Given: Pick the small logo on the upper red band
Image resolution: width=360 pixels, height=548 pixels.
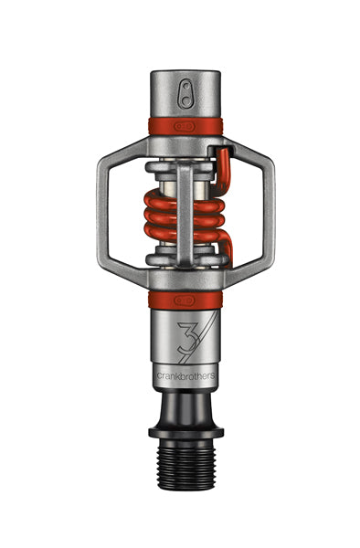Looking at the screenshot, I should point(185,124).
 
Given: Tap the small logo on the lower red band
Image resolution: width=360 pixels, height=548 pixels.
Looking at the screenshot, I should point(185,297).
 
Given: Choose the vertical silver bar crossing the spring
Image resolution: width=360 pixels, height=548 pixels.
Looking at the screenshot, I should point(185,210).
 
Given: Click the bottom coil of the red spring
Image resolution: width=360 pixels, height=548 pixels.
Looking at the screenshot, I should point(183,239).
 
